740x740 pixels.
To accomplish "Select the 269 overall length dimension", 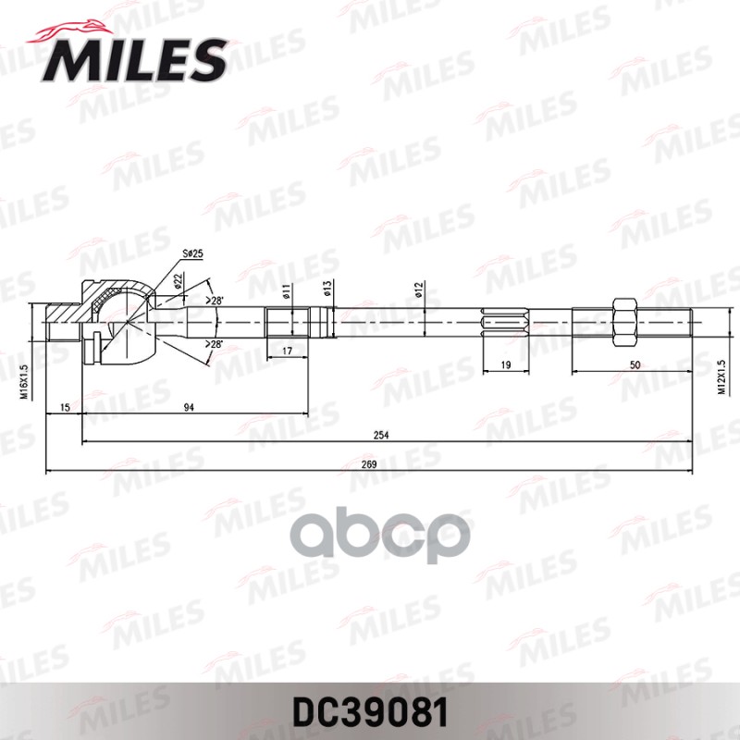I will click(369, 464).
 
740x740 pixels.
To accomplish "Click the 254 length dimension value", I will click(381, 435).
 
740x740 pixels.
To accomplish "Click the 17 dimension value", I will click(287, 351).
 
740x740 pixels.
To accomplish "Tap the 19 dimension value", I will click(506, 365).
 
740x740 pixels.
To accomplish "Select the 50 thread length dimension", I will click(634, 365).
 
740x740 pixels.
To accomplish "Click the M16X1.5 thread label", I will click(25, 380).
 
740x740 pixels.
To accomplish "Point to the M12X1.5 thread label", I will click(721, 377).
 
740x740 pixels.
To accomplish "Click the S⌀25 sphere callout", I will click(192, 253).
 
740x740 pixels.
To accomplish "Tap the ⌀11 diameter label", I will click(287, 290).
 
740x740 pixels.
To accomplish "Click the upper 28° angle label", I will click(216, 301).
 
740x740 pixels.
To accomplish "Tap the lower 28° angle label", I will click(216, 344).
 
